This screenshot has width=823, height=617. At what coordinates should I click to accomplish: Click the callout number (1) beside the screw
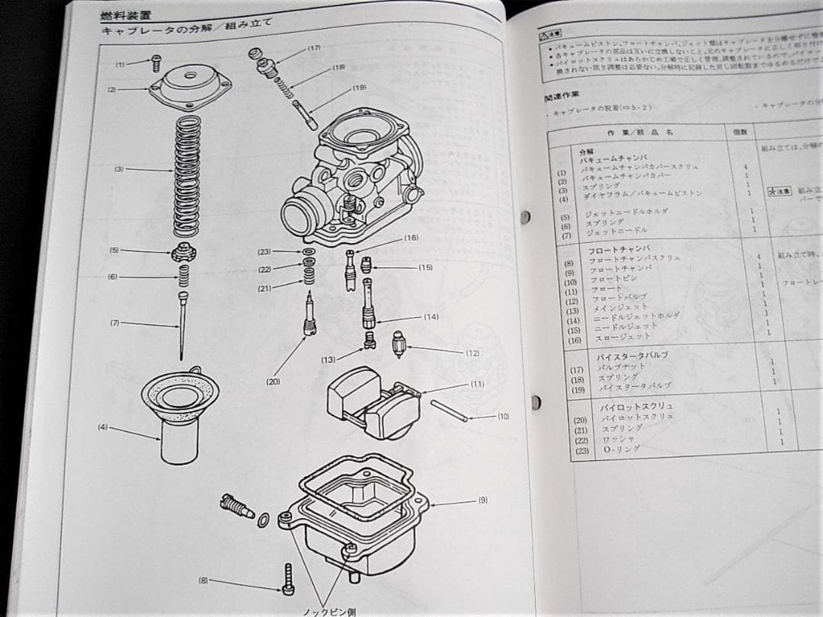coord(120,65)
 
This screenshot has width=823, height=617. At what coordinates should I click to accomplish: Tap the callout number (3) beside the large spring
coord(119,169)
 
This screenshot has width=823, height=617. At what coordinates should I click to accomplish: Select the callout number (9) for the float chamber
coord(483,500)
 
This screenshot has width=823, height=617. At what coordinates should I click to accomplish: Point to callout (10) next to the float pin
coord(504,417)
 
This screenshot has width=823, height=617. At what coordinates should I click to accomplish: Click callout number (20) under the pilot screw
coord(274,381)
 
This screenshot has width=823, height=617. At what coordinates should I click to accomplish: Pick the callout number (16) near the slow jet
coord(411,238)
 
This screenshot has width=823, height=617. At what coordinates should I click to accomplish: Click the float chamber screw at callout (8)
coord(288,579)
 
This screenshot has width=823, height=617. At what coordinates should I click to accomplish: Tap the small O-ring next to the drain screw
coord(263,520)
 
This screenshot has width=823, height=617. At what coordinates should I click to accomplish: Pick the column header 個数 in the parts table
coord(738,132)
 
